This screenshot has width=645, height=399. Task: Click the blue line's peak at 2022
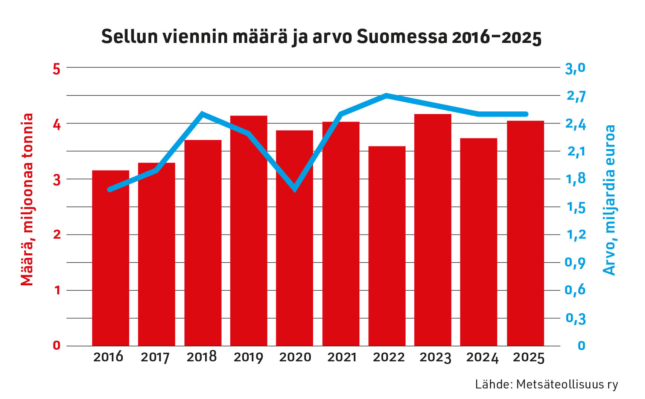(x=386, y=95)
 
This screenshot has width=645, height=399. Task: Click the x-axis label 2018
(x=202, y=357)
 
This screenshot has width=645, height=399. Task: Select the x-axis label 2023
(x=435, y=357)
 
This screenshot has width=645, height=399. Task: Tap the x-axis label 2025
(x=528, y=357)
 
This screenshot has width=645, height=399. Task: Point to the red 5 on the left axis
(x=56, y=69)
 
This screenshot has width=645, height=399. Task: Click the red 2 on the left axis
(x=57, y=235)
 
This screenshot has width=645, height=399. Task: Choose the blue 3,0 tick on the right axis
(x=575, y=68)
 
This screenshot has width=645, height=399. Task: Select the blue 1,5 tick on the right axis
(x=576, y=207)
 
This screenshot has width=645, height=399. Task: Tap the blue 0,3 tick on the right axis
(x=576, y=318)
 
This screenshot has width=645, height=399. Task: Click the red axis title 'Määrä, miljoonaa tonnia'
(x=27, y=200)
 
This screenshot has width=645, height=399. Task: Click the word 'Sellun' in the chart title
(x=127, y=37)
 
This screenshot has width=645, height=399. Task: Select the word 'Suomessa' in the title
(x=402, y=37)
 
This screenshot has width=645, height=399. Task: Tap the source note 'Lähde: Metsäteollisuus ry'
(x=546, y=384)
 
